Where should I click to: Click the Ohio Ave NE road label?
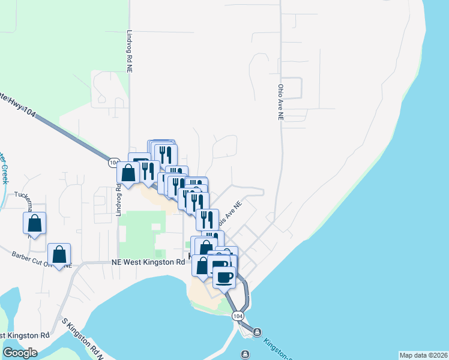coord(280,101)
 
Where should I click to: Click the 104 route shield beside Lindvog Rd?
coord(114,163)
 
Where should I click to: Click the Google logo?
coord(20,353)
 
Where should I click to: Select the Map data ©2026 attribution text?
coord(423,355)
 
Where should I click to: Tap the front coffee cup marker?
coord(224,277)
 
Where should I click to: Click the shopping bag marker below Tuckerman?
coord(35,224)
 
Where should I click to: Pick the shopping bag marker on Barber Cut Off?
coord(59,254)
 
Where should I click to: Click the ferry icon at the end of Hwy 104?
coord(257,331)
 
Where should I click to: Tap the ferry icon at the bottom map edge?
coord(244,353)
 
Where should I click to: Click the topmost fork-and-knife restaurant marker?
coord(164,155)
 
